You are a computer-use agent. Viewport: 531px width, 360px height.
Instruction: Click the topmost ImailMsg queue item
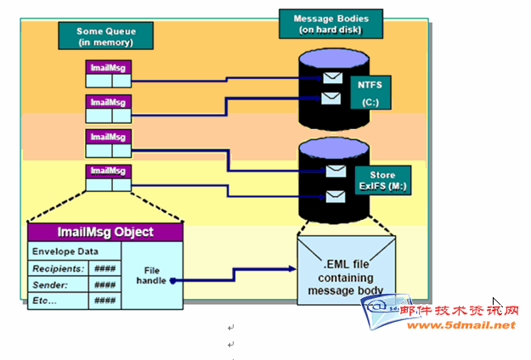coord(108,67)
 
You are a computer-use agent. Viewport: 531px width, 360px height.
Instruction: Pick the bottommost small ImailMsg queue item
coord(108,172)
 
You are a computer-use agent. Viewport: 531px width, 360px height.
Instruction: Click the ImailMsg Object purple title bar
coord(106,232)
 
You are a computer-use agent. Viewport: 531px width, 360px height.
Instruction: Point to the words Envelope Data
coord(64,252)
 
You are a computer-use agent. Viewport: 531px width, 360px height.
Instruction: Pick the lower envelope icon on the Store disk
coord(336,197)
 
